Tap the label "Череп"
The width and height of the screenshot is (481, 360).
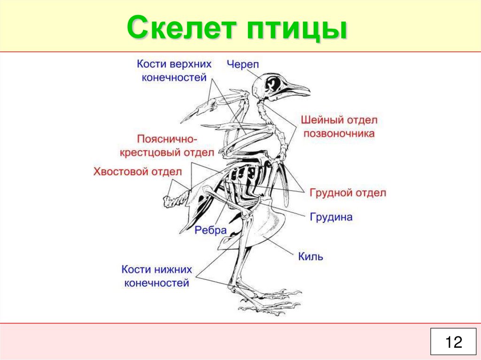pyautogui.click(x=243, y=64)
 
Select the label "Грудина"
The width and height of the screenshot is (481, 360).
pyautogui.click(x=331, y=217)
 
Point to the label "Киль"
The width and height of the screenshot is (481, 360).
pyautogui.click(x=310, y=256)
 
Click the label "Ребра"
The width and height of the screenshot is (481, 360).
pyautogui.click(x=211, y=230)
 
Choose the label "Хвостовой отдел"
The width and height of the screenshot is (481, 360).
pyautogui.click(x=137, y=172)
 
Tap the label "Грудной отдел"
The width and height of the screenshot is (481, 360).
pyautogui.click(x=348, y=193)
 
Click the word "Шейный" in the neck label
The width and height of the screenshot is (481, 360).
pyautogui.click(x=322, y=120)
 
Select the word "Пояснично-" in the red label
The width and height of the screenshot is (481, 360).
pyautogui.click(x=168, y=139)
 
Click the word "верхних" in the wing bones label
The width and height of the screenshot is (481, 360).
pyautogui.click(x=190, y=64)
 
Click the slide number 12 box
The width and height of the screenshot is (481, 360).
pyautogui.click(x=454, y=342)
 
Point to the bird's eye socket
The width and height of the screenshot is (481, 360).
pyautogui.click(x=273, y=84)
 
